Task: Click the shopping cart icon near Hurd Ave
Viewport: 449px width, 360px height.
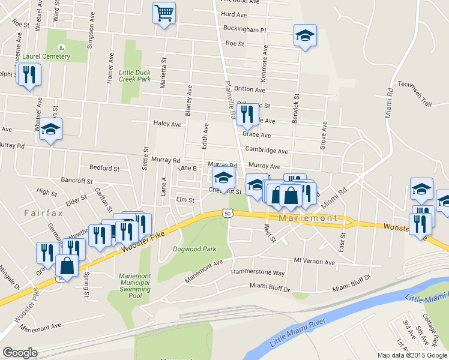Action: pos(164,13)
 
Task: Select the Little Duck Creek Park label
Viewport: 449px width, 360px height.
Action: pos(134,76)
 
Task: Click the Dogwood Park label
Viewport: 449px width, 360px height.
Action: pos(194,248)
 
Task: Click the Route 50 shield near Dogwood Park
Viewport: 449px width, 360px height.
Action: pos(228,213)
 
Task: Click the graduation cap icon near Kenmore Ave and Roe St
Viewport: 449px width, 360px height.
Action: pos(305,36)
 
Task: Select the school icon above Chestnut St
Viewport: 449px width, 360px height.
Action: pos(223,178)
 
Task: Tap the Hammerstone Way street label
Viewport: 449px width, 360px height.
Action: pos(258,272)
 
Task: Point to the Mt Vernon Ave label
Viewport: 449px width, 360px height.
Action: pos(314,262)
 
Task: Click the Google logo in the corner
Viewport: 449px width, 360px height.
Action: pos(20,353)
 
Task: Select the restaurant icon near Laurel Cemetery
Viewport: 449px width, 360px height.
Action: pos(28,74)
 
